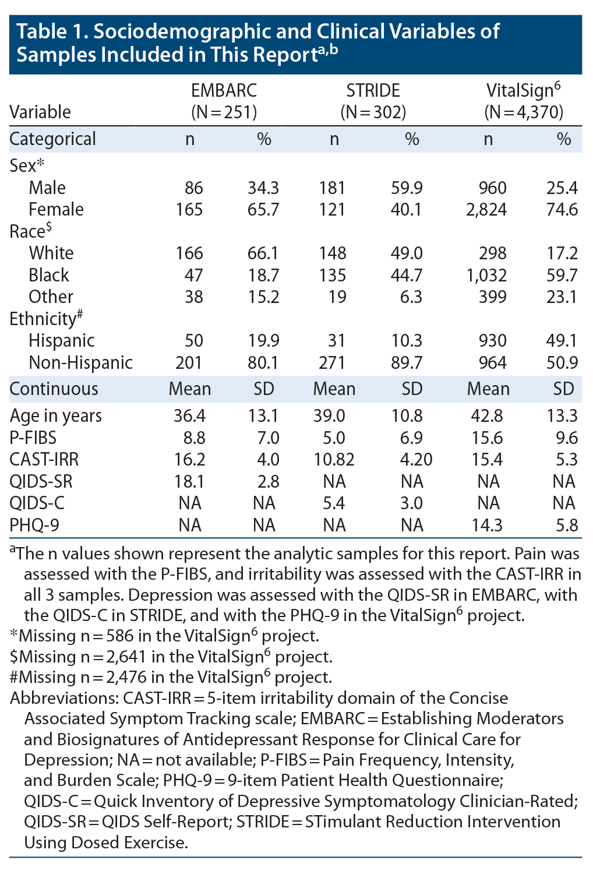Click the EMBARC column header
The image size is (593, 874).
(224, 90)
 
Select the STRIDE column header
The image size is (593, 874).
(373, 90)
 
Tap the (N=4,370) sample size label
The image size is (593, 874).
(524, 112)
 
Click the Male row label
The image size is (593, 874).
(47, 188)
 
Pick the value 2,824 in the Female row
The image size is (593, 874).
(486, 209)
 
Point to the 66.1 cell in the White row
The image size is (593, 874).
(263, 253)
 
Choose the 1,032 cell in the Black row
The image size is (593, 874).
(486, 275)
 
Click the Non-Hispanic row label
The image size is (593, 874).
(80, 362)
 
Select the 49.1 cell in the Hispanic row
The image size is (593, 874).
(562, 340)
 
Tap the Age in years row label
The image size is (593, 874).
(56, 415)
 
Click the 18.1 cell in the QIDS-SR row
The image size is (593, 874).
(189, 481)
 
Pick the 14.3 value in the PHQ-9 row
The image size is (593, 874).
(486, 525)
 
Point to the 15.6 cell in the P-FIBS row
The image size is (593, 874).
(486, 438)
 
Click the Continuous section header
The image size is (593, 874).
(54, 389)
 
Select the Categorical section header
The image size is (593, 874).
(53, 139)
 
